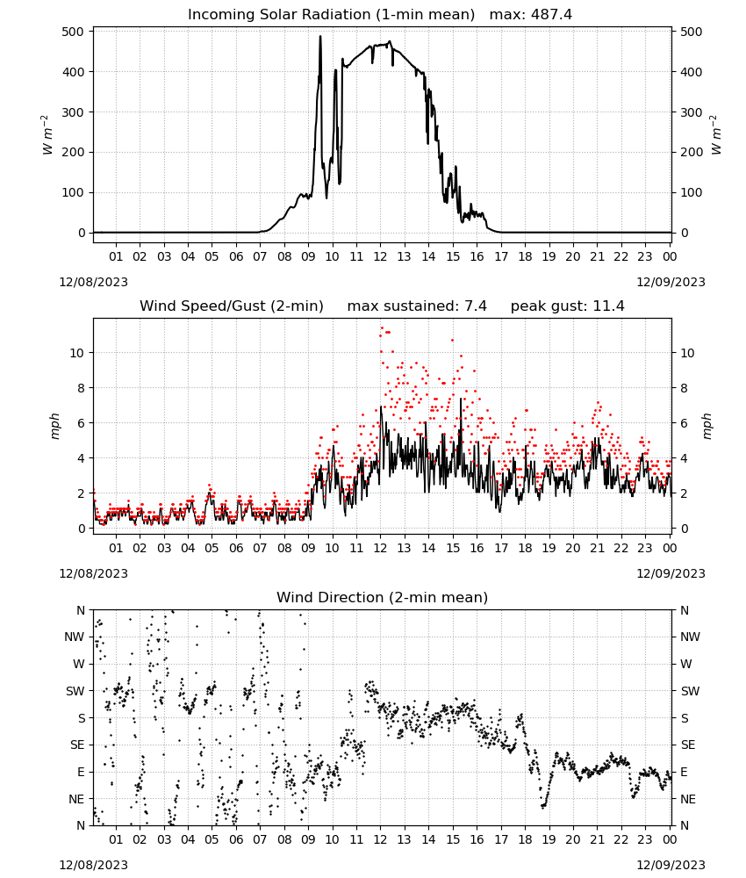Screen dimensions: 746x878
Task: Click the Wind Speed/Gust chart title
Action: (231, 306)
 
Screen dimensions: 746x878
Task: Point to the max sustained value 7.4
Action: (475, 306)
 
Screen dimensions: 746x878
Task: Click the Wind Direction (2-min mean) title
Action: (383, 597)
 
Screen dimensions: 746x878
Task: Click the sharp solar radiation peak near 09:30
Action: (320, 36)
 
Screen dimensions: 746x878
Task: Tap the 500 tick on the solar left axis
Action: (74, 32)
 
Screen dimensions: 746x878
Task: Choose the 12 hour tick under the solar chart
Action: (380, 256)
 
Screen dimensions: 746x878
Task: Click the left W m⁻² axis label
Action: (47, 134)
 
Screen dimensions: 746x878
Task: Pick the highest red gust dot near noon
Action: (383, 327)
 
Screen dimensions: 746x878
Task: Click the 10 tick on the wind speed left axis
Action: (77, 353)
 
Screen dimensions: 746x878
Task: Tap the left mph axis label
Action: (54, 426)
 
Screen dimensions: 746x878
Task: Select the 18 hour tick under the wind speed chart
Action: (525, 548)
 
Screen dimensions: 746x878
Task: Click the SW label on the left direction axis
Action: (75, 691)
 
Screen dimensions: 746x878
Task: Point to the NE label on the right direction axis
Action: (688, 799)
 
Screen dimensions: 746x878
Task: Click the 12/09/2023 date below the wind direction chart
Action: (671, 865)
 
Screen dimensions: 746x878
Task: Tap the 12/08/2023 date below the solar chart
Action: (93, 282)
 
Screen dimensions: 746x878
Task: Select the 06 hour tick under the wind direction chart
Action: (235, 839)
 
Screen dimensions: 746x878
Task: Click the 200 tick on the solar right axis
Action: (692, 152)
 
